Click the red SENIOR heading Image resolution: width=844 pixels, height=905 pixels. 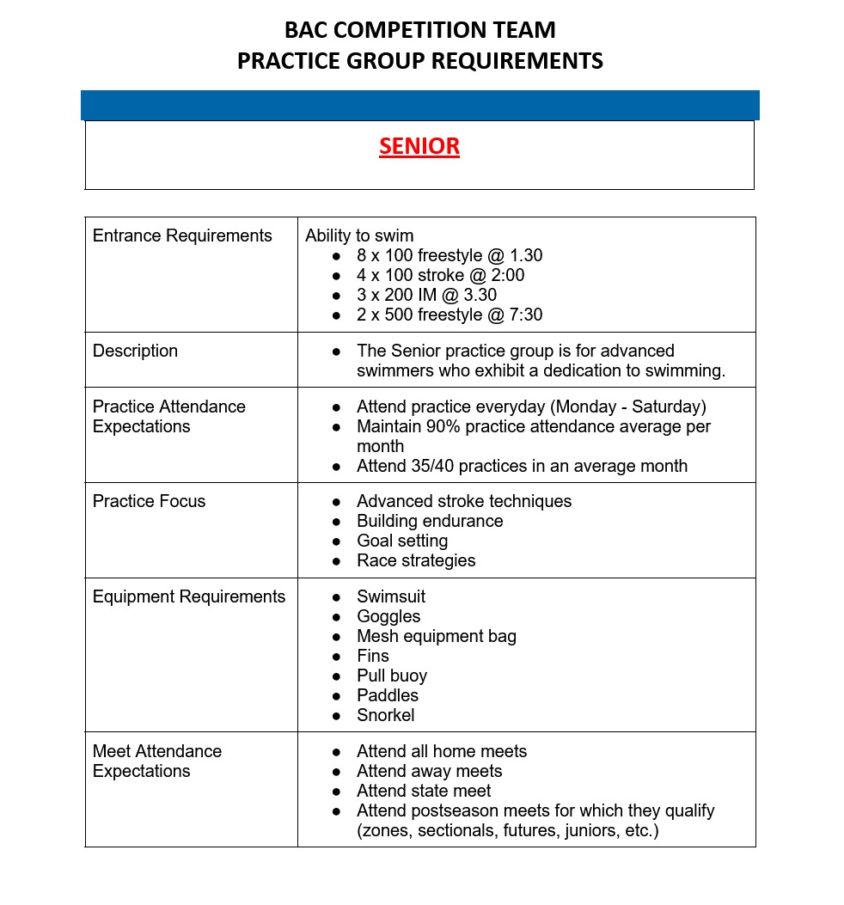[419, 146]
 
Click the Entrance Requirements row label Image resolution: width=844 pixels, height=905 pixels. [182, 235]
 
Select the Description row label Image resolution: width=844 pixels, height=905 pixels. [135, 351]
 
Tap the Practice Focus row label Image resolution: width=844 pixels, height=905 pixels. [149, 501]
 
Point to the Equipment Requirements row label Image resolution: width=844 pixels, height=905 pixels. [189, 596]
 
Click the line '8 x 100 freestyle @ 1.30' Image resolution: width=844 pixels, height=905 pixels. [450, 255]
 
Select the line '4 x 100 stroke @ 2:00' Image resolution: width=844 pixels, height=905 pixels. [440, 275]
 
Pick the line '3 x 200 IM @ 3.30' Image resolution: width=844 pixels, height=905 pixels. [426, 295]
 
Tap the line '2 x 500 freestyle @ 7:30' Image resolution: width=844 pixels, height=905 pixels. [450, 315]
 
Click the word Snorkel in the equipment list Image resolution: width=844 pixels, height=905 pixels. [385, 715]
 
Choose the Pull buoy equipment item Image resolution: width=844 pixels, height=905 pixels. [392, 676]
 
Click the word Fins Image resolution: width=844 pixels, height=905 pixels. [373, 656]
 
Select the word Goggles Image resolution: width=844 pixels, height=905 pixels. [388, 616]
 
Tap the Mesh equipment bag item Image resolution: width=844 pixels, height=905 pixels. [437, 636]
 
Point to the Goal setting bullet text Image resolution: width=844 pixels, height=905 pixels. [402, 541]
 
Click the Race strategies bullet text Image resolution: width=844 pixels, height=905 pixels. [416, 560]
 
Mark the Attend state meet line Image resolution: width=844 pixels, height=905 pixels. [424, 791]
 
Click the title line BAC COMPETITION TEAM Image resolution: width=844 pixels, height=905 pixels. [419, 30]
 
